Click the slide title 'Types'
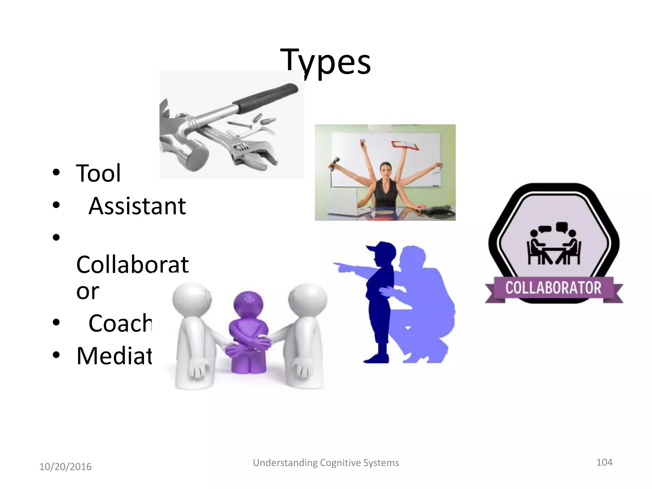coord(325,61)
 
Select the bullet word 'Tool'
coord(98,173)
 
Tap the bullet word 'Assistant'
coord(137,206)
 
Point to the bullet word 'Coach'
coord(120,323)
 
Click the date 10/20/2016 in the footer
coord(65,467)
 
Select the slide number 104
coord(604,462)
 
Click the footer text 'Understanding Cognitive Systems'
coord(326,463)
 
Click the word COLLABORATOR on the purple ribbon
coord(553,288)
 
